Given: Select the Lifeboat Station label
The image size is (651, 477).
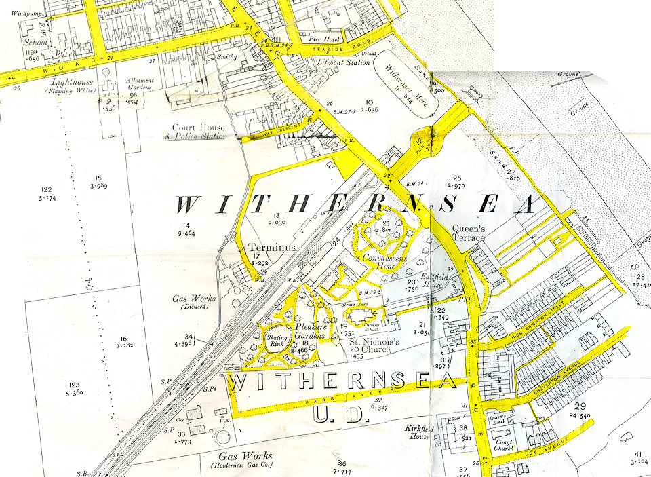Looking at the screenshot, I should coord(344,62).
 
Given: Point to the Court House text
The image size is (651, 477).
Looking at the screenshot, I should coord(193,127).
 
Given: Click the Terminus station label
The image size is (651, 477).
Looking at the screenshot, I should coord(272,248).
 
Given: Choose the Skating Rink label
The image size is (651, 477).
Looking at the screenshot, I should coord(277,341).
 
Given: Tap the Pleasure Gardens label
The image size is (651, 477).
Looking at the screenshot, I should coord(311,330).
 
